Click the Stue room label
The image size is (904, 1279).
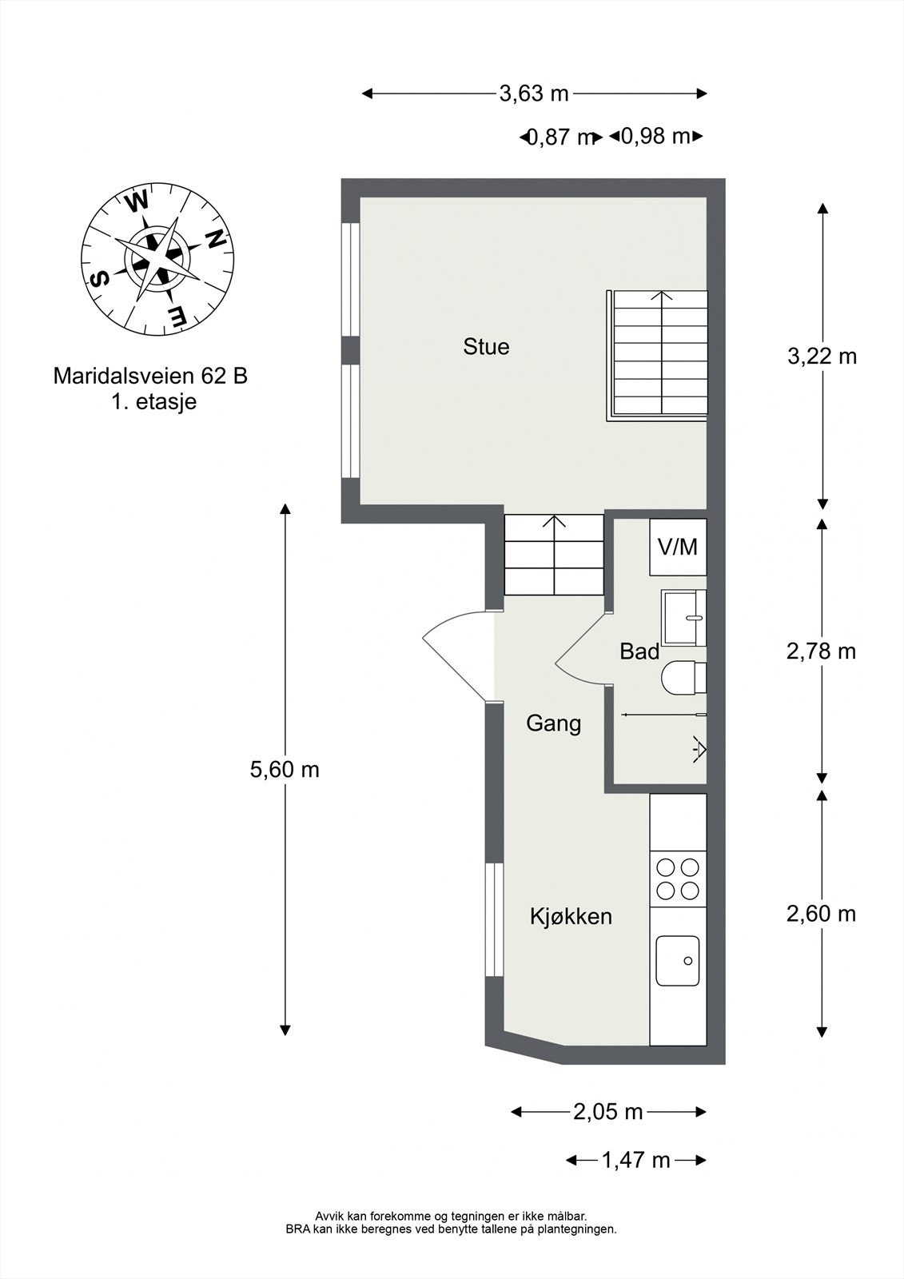tap(486, 347)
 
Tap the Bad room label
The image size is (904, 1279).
tap(639, 651)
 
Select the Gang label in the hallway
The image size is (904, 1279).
tap(553, 723)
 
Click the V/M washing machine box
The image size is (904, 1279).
tap(678, 547)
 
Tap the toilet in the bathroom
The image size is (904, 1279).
tap(684, 678)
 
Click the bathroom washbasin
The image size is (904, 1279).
tap(684, 619)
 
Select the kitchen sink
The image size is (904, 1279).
tap(678, 960)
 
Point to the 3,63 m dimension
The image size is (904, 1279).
tap(534, 93)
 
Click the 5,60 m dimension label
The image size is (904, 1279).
tap(285, 770)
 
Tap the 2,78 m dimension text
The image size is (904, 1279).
tap(821, 651)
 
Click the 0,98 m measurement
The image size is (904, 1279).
tap(655, 137)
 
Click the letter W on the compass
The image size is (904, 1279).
tap(137, 201)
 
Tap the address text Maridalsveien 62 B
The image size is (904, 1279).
tap(150, 377)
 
